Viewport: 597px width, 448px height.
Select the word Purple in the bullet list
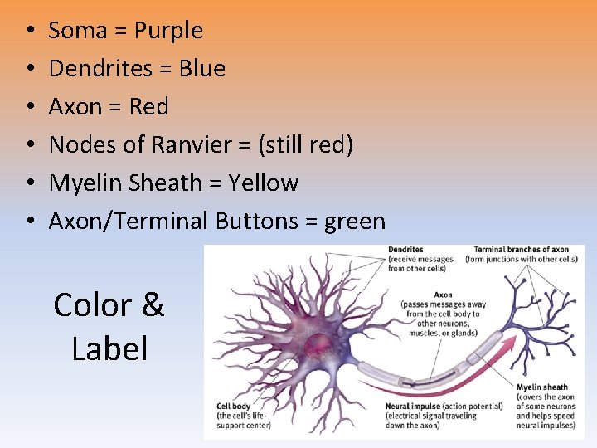coord(168,31)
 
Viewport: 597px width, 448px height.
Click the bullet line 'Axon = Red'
coord(108,107)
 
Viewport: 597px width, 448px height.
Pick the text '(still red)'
coord(305,145)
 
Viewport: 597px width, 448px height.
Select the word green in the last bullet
coord(355,222)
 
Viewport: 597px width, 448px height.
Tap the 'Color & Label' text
coord(109,326)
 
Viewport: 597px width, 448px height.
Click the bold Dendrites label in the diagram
coord(405,250)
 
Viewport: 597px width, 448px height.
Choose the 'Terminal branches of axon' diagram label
coord(521,250)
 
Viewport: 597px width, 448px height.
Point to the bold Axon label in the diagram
coord(443,295)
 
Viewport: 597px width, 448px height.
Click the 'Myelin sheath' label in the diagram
coord(541,387)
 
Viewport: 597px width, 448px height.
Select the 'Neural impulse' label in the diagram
coord(412,407)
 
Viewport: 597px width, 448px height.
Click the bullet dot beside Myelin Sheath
coord(29,183)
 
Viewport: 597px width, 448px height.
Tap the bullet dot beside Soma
coord(29,31)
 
